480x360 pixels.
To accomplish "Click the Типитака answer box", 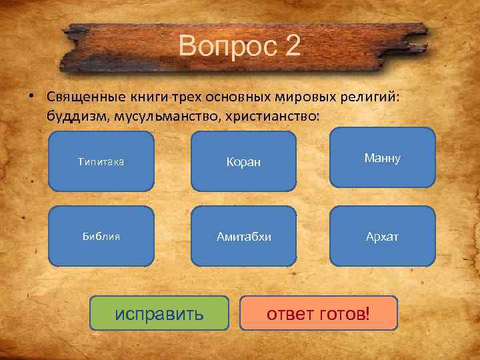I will (x=101, y=161).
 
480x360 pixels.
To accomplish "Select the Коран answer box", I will (x=243, y=161).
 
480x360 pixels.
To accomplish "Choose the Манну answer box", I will (x=382, y=158).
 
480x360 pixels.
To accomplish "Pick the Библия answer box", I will (x=101, y=237).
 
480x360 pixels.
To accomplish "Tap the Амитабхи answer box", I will (x=243, y=237).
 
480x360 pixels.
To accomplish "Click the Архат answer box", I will (x=382, y=237).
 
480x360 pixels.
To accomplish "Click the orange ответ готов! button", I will (x=318, y=313).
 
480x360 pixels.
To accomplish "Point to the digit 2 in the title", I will (x=293, y=46).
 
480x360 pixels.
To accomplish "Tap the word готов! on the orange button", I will (x=343, y=313).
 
